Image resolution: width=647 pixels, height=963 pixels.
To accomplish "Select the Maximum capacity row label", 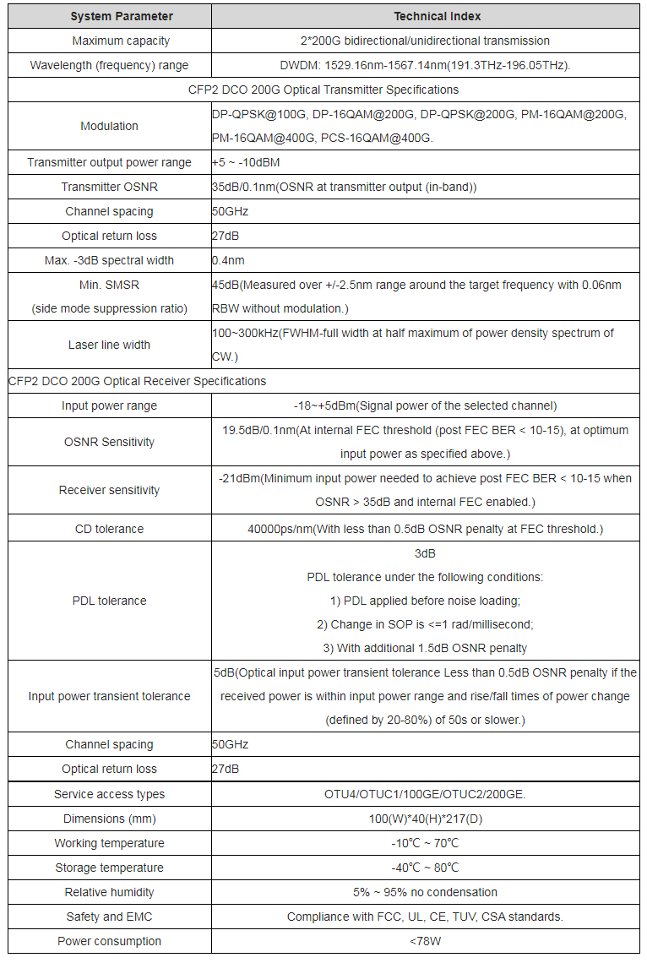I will pos(109,41).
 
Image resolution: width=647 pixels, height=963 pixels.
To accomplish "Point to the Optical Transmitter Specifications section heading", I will pos(323,90).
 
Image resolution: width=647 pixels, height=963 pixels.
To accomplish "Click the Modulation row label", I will pos(109,126).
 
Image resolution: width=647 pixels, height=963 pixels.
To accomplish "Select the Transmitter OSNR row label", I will pos(109,187).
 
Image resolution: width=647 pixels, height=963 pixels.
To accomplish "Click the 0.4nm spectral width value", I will pos(228,260).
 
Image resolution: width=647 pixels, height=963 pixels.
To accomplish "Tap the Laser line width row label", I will pos(109,345).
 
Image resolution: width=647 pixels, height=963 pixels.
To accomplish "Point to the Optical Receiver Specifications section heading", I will pos(138,381).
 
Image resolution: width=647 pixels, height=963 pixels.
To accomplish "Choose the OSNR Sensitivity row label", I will pos(109,442).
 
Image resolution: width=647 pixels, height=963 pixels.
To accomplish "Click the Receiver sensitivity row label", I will pos(109,490).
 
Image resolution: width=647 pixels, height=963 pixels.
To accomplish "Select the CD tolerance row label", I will pos(109,529).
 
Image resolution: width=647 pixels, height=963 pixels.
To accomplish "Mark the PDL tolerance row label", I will pos(109,601).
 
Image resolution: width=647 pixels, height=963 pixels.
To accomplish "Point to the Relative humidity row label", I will pos(109,892).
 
